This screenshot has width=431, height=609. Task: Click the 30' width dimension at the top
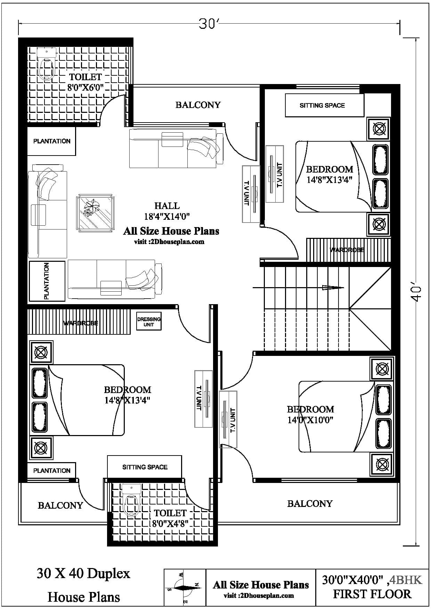[x=208, y=24]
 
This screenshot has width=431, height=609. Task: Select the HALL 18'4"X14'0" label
[x=167, y=211]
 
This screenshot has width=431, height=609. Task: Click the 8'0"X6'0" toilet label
[x=86, y=82]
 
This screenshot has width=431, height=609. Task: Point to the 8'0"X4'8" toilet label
[x=170, y=518]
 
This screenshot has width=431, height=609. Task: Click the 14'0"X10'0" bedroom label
[x=310, y=415]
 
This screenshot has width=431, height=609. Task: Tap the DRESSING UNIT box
[x=149, y=322]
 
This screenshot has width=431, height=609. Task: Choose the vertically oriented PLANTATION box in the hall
[x=47, y=281]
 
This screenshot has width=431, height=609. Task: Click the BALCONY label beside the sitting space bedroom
[x=198, y=105]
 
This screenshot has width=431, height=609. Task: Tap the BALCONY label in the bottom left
[x=60, y=505]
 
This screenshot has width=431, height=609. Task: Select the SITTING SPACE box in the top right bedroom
[x=324, y=105]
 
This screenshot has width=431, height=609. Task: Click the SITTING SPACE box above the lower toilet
[x=145, y=467]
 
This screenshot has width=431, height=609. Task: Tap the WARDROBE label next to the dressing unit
[x=81, y=323]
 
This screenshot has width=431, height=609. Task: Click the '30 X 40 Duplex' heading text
[x=83, y=573]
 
